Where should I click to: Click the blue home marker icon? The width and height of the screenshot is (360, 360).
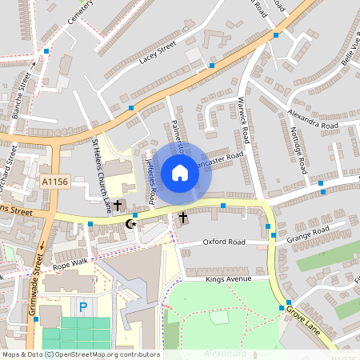(x=180, y=173)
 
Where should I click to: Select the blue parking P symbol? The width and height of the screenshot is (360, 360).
(x=82, y=306)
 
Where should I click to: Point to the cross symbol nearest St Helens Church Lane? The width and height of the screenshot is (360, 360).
(x=118, y=206)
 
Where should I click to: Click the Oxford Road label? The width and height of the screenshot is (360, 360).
(x=224, y=242)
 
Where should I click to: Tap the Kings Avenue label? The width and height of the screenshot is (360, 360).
(x=228, y=279)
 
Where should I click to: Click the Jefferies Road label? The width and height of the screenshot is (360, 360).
(x=149, y=179)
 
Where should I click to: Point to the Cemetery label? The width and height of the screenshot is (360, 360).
(x=80, y=11)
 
